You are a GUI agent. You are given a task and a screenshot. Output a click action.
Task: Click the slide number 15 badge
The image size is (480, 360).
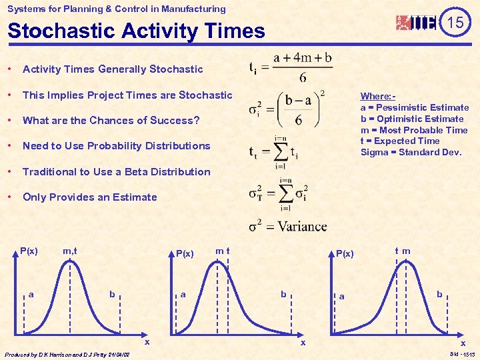pos(455,22)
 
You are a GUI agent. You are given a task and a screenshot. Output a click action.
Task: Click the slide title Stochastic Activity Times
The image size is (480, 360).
pos(136,31)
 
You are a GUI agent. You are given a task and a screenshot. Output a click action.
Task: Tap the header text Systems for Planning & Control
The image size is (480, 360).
pos(116,9)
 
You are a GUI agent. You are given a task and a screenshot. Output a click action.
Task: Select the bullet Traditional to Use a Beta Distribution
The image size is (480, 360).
pos(116,171)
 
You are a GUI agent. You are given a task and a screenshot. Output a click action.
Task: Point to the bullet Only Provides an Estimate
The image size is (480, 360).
pos(89,197)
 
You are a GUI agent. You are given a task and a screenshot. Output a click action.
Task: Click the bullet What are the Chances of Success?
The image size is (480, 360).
pos(111,120)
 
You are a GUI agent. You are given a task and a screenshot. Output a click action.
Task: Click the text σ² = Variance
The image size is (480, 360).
pos(287,227)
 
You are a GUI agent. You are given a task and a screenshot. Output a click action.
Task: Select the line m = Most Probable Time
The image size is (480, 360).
pos(414,130)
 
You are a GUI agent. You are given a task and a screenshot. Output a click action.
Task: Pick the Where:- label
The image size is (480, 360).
pos(376,96)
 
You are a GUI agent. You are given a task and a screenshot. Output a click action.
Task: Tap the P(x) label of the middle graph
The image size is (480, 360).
pos(184,253)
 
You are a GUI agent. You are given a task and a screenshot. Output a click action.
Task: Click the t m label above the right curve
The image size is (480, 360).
pos(402,251)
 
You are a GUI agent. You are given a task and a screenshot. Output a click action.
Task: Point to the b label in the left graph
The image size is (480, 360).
pos(112,294)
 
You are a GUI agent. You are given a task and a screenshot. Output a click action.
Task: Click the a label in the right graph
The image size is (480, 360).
pos(341,297)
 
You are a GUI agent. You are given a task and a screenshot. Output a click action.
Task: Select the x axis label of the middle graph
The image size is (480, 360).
pos(302,342)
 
